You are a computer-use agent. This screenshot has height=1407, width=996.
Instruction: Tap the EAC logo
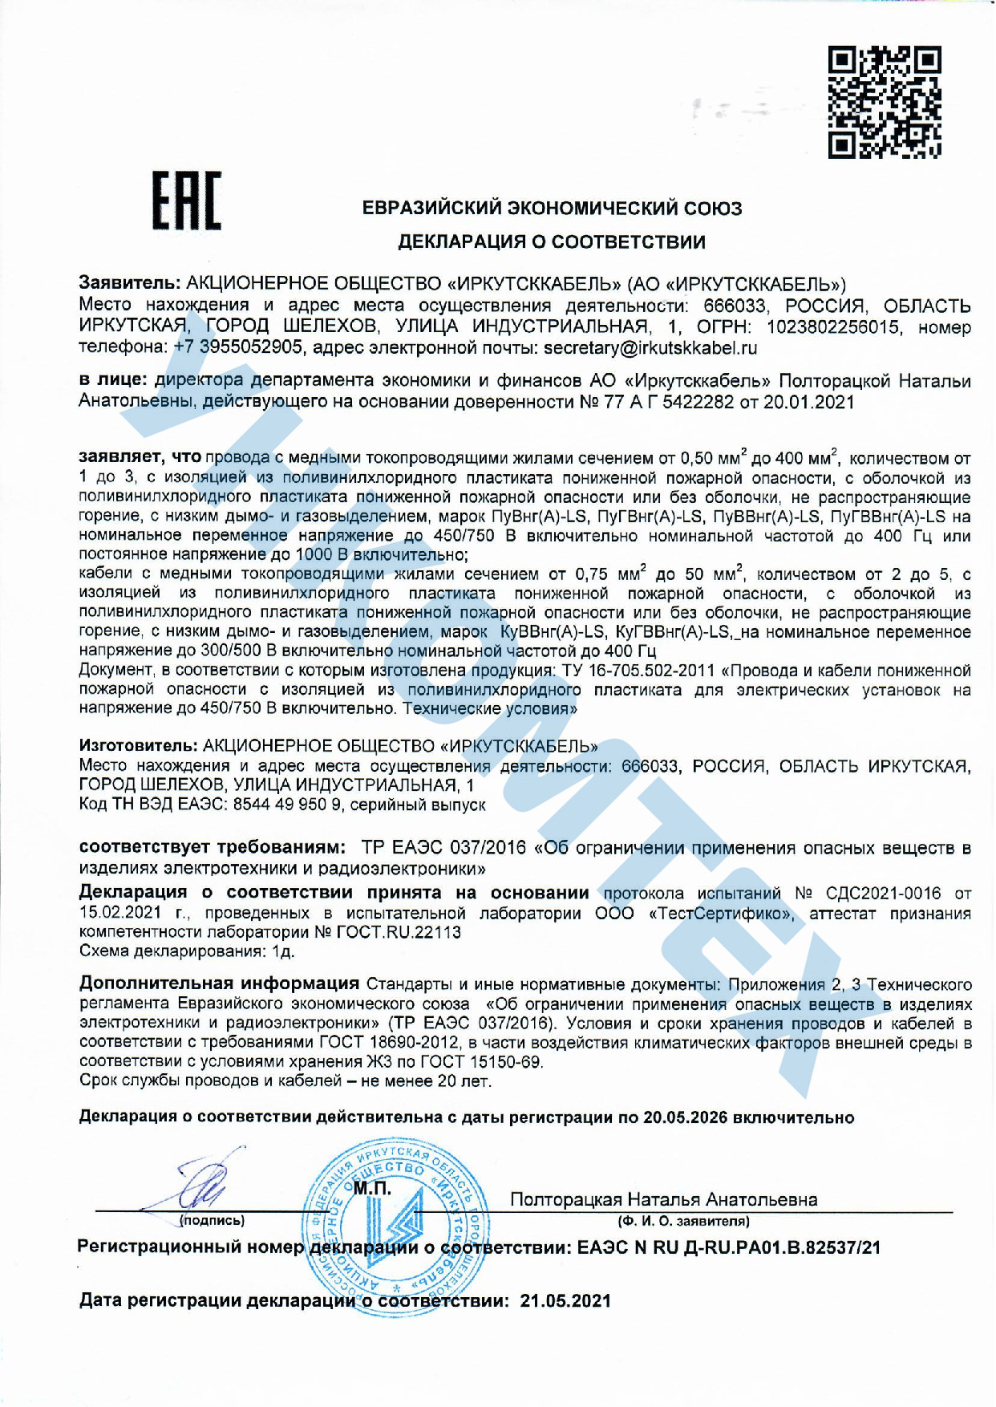click(x=187, y=201)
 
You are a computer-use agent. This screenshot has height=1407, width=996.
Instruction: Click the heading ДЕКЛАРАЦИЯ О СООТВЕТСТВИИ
click(x=553, y=241)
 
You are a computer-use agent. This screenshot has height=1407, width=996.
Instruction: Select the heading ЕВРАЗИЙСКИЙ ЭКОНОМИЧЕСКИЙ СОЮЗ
click(x=553, y=209)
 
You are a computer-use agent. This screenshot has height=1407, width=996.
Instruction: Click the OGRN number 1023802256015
click(x=833, y=327)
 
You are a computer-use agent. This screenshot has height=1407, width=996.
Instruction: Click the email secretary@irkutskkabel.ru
click(x=650, y=348)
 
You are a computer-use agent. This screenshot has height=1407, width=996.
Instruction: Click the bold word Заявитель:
click(x=130, y=283)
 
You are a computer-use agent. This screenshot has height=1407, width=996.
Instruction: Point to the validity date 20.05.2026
click(x=686, y=1117)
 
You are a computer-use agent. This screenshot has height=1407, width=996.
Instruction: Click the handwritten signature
click(x=195, y=1182)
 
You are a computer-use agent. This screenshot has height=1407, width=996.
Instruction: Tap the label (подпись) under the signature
click(x=212, y=1221)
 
